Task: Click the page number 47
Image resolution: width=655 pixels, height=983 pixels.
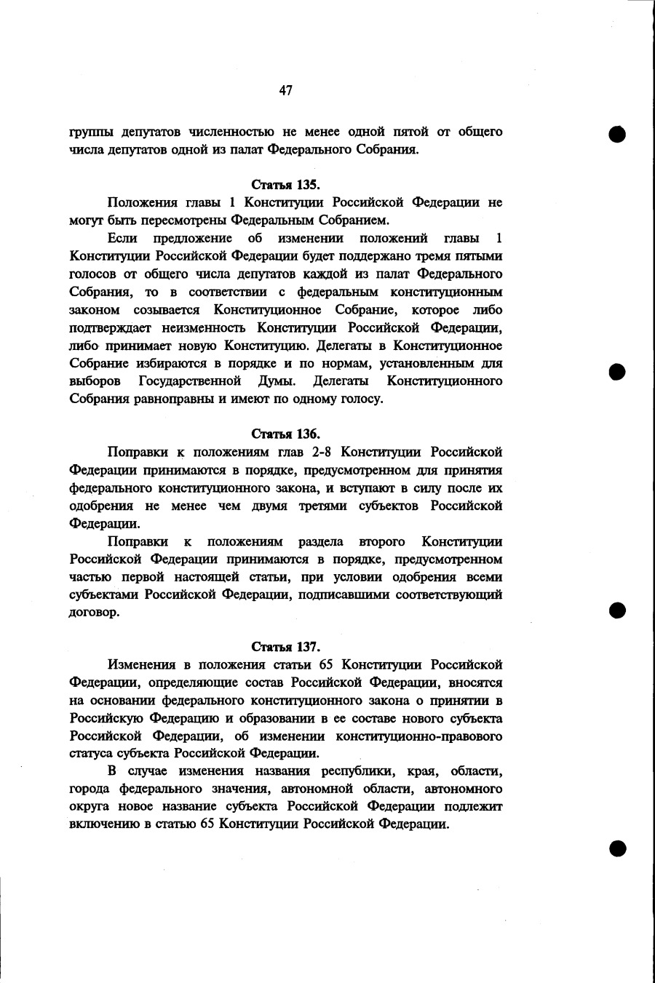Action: [x=285, y=90]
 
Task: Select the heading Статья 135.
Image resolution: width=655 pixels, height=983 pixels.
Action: [x=286, y=185]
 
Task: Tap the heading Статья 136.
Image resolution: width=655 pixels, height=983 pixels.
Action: [x=286, y=434]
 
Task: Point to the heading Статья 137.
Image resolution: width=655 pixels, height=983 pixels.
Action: [x=286, y=647]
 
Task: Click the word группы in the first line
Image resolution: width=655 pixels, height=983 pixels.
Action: [x=90, y=132]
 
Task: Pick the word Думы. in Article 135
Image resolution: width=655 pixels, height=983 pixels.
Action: [x=277, y=381]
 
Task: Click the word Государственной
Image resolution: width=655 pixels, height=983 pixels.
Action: [x=190, y=381]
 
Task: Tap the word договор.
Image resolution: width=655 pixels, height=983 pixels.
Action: [x=95, y=613]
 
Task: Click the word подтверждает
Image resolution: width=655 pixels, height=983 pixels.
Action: [x=108, y=328]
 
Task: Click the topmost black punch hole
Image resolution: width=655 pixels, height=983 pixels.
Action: [x=618, y=135]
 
